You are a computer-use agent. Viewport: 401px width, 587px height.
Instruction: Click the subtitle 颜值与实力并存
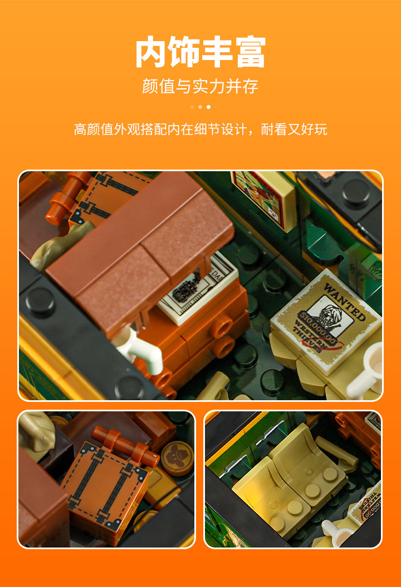[200, 87]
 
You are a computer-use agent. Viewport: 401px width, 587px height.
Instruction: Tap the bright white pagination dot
[209, 107]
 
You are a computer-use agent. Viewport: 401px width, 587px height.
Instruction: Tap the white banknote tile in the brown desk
[195, 289]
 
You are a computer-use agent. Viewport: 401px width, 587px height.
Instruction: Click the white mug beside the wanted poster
[368, 370]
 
